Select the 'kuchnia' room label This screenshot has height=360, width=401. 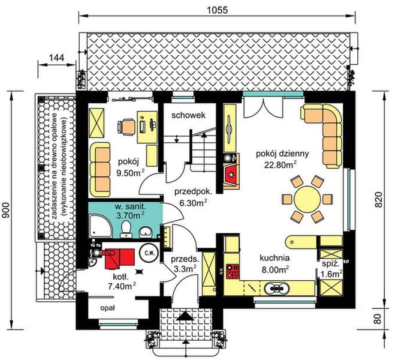coord(275,259)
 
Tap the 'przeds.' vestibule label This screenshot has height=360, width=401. coord(185,259)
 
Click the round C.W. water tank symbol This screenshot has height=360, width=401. coord(148,253)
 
